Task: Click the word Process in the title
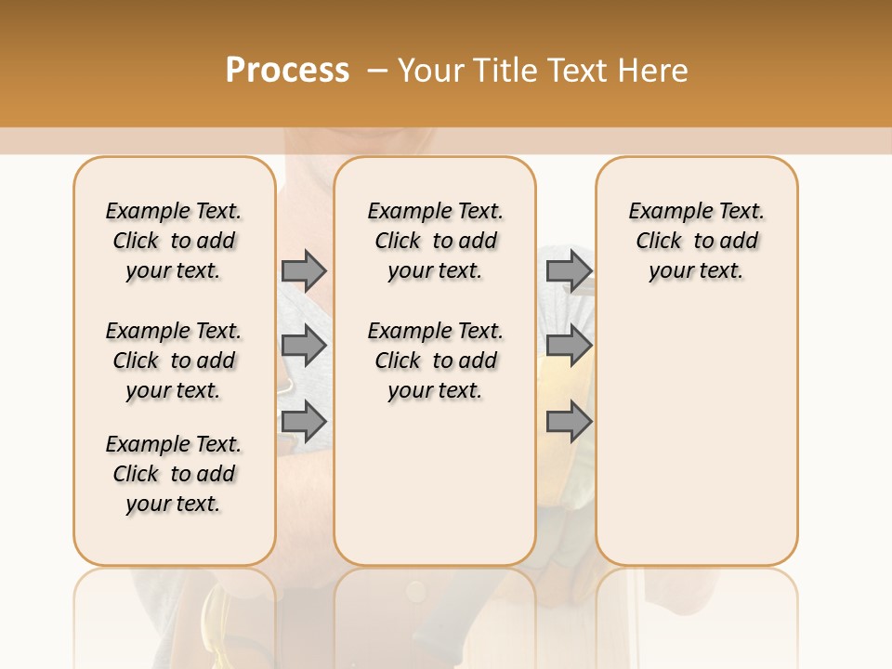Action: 287,70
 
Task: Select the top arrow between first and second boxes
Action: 304,270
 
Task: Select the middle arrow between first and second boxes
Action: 304,346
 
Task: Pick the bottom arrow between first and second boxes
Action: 304,422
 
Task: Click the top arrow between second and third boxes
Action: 569,270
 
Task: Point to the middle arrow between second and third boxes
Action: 569,346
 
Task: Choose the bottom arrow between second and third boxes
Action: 569,422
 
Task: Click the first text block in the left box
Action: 174,241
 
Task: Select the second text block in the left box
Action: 174,361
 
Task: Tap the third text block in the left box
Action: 174,474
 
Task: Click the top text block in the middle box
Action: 435,241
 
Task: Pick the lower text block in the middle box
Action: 435,361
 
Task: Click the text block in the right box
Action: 696,241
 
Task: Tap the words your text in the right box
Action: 696,271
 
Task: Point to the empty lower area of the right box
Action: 696,437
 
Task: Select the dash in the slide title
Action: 376,70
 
